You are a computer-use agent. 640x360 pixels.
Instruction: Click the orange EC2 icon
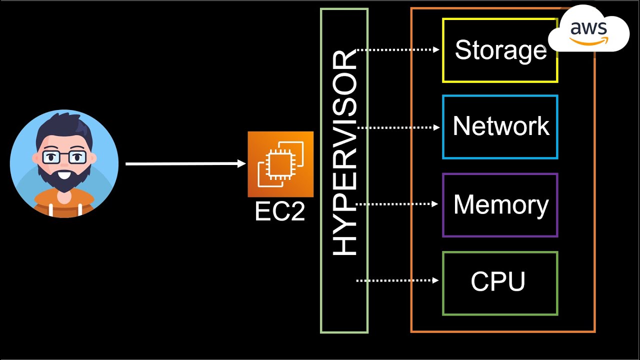(x=280, y=164)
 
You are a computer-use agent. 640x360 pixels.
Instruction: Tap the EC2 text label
(x=279, y=212)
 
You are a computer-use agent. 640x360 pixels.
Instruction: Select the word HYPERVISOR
(x=345, y=153)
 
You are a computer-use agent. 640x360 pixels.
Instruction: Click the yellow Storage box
(x=500, y=50)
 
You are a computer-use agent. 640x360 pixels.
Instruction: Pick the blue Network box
(x=500, y=127)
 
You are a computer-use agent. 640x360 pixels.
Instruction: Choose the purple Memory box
(x=500, y=205)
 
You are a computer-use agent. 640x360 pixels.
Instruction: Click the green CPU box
(x=500, y=283)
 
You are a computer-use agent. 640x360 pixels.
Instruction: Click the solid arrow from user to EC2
(x=185, y=163)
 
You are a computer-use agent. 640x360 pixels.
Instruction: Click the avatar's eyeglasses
(x=64, y=157)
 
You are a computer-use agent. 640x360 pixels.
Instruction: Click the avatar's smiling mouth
(x=64, y=175)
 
